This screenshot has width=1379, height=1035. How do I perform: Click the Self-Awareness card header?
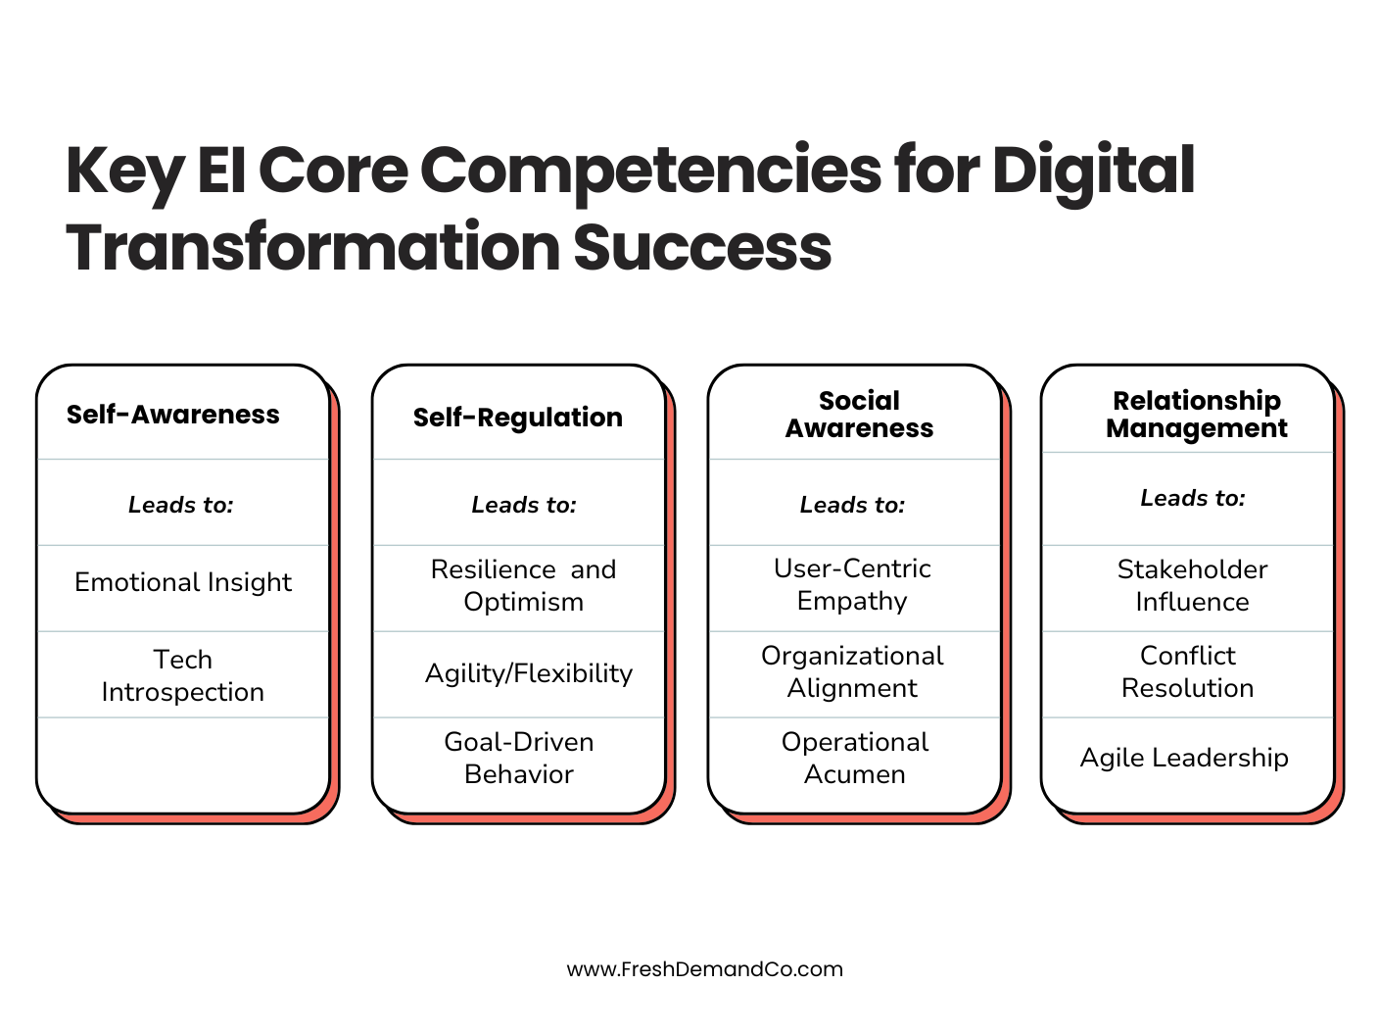173,415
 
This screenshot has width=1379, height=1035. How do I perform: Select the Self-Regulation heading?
517,418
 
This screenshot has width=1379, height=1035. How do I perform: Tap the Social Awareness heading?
859,415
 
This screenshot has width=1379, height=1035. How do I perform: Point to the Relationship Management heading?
1196,415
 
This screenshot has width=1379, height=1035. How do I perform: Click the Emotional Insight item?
183,582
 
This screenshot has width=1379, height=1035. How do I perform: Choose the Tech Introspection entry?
183,675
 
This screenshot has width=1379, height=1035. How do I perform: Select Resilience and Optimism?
523,585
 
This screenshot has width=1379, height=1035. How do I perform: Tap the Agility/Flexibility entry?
529,673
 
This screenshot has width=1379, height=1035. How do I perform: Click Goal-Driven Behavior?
519,758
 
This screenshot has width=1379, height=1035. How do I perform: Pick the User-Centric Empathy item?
852,584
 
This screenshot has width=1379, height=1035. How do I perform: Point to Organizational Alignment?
852,671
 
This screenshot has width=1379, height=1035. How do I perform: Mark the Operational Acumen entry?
855,758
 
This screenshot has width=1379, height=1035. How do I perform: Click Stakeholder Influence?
1192,585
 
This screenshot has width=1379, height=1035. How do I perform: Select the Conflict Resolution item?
1188,671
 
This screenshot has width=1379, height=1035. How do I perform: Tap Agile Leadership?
1184,758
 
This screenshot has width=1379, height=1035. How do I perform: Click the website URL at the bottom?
704,969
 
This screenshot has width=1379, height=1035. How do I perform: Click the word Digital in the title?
1093,171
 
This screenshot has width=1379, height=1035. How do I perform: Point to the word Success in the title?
702,247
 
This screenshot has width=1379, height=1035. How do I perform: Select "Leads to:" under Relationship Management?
1192,498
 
